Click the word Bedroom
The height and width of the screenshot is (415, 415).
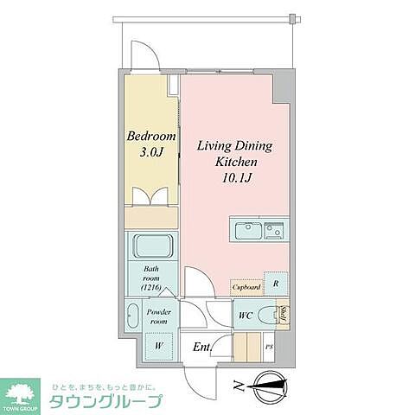151,137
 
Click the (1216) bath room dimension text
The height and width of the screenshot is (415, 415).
152,287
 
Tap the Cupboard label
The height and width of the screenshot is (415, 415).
245,287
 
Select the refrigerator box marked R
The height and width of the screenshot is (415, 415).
274,284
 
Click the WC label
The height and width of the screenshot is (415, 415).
246,316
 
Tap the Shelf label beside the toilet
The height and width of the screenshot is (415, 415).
282,315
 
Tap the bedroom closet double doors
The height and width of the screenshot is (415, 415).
151,197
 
